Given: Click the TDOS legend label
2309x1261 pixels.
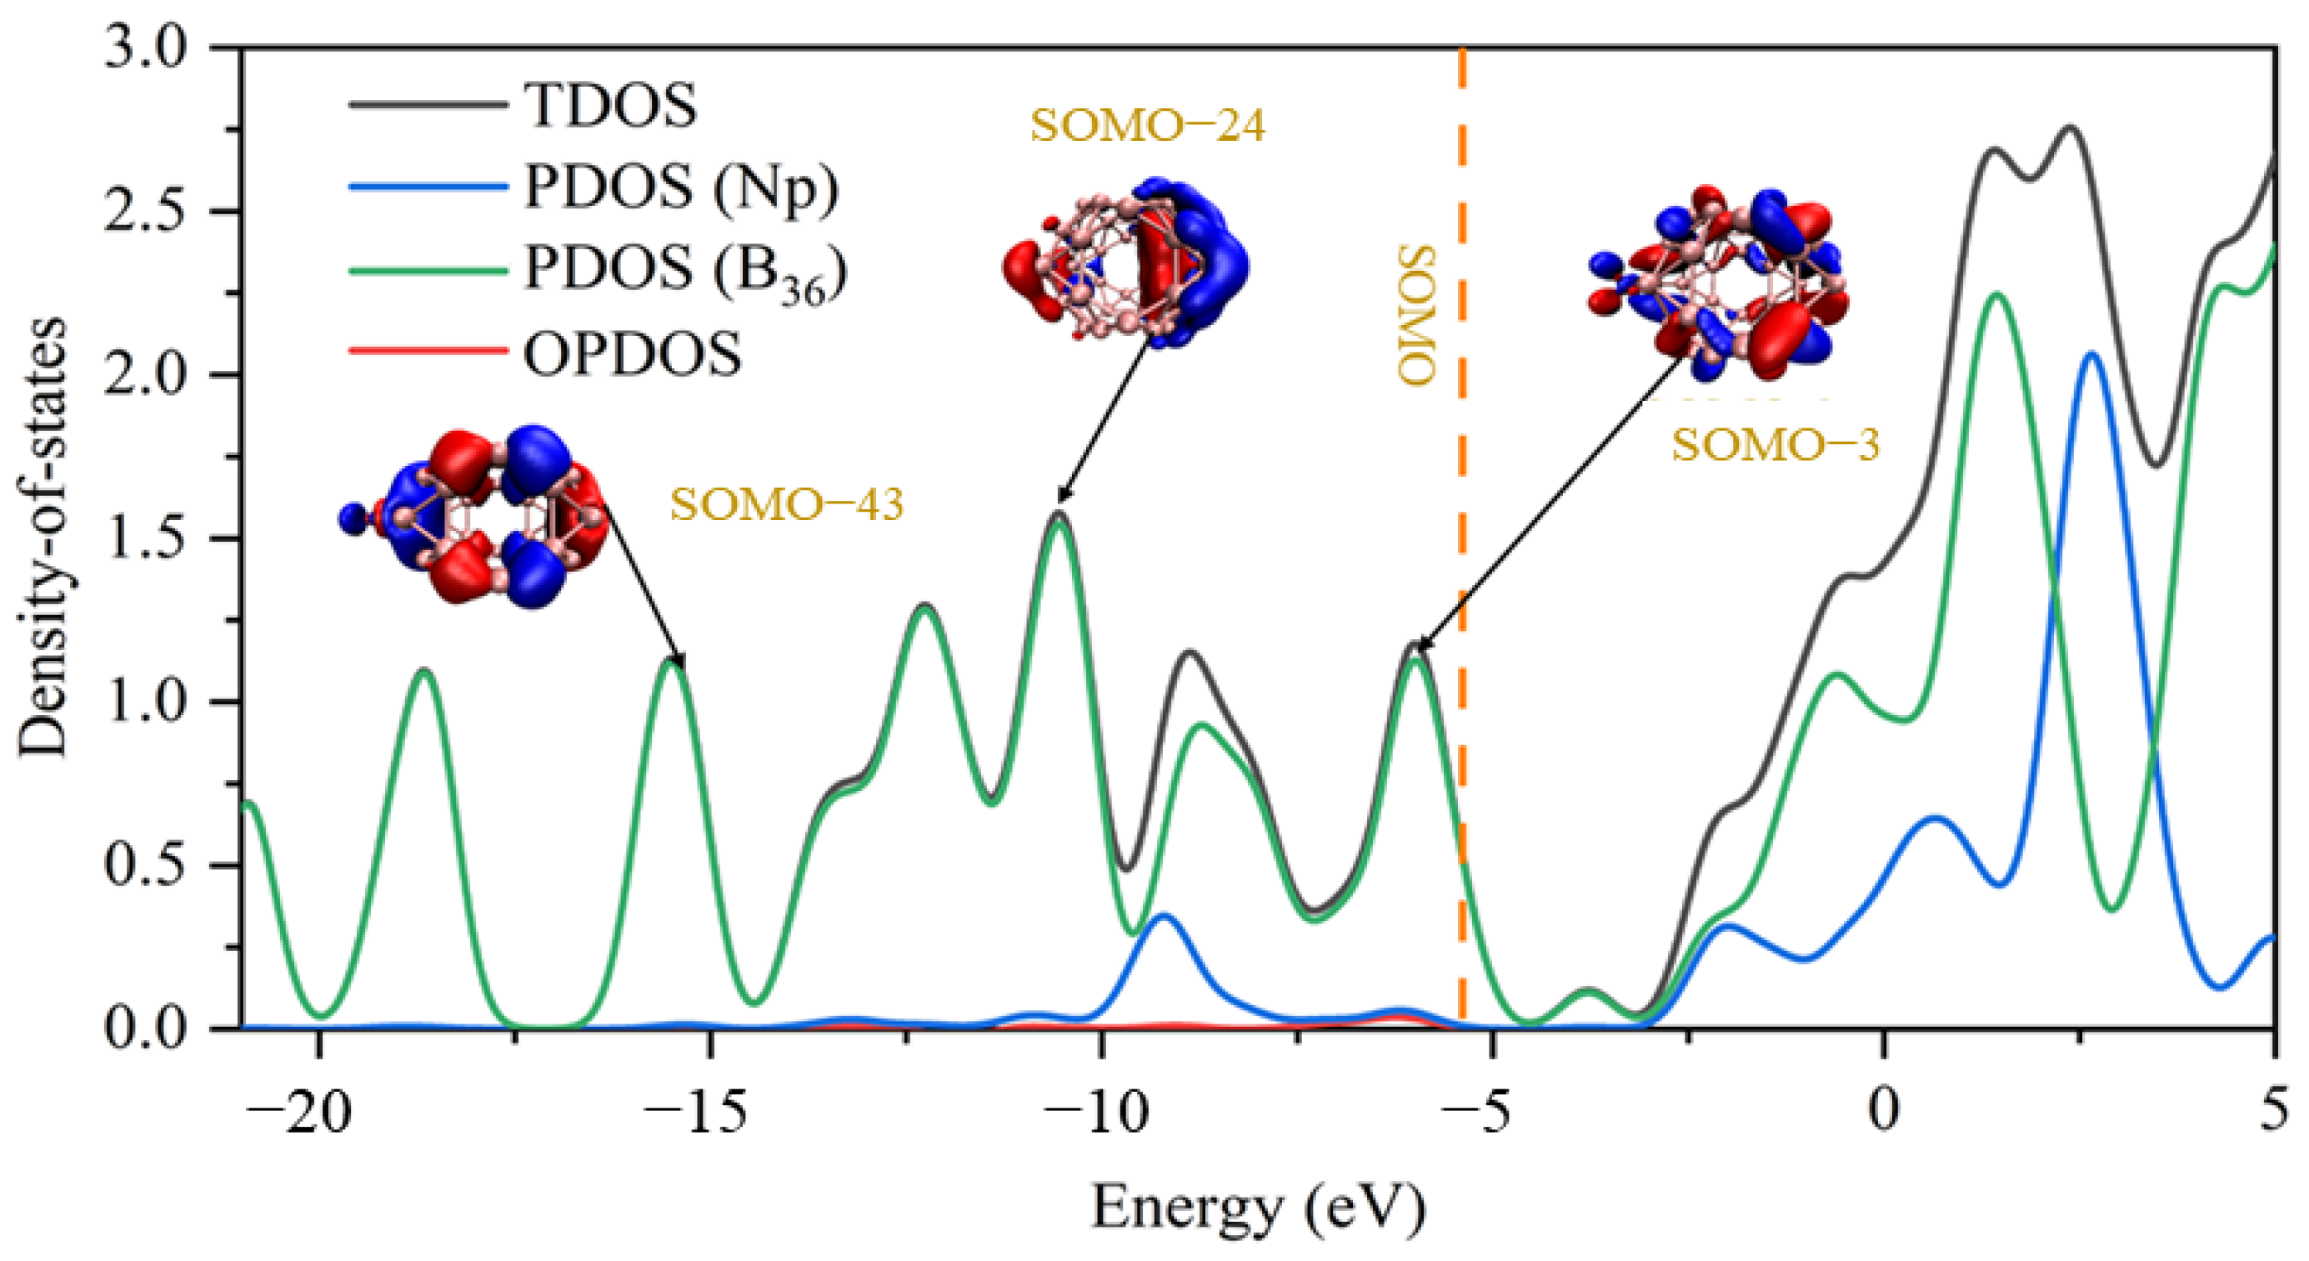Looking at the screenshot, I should click(x=609, y=106).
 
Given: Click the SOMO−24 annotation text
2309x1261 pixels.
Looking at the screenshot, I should click(x=1146, y=127).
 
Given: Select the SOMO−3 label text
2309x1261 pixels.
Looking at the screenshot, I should click(x=1775, y=445).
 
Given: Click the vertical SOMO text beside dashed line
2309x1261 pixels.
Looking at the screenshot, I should click(x=1416, y=316).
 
